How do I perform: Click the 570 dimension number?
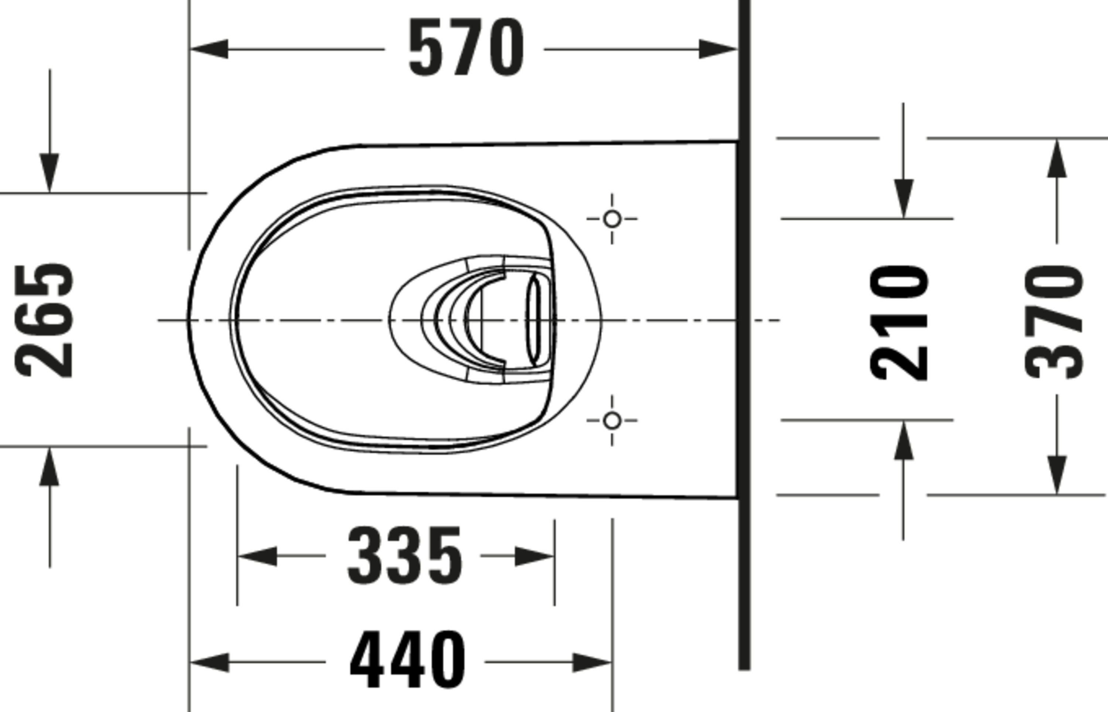tap(466, 48)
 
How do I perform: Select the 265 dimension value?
tap(44, 321)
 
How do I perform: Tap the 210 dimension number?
tap(898, 323)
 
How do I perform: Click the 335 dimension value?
tap(404, 556)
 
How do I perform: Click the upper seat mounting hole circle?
tap(612, 219)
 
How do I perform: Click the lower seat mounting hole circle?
tap(612, 421)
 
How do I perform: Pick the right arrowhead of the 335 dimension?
tap(534, 556)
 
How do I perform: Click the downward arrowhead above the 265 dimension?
tap(49, 173)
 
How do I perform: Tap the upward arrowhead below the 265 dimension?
tap(49, 467)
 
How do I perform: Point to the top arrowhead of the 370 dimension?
tap(1057, 158)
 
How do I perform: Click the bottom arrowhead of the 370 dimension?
tap(1057, 475)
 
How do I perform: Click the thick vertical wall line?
tap(744, 333)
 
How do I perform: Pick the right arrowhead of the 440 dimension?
tap(592, 663)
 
